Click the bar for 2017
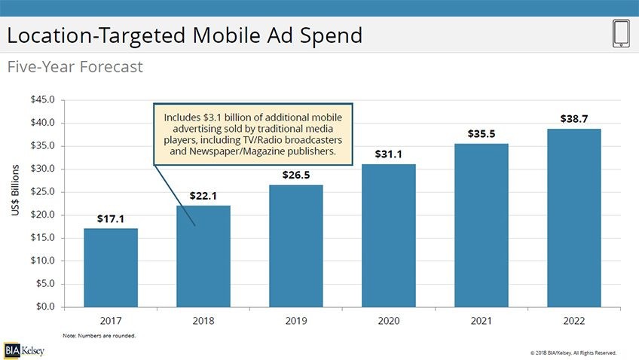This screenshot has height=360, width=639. pyautogui.click(x=110, y=267)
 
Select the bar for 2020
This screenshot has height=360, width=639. pyautogui.click(x=388, y=235)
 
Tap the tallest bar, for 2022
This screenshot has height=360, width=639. pyautogui.click(x=573, y=218)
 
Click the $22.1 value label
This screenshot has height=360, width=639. pyautogui.click(x=203, y=197)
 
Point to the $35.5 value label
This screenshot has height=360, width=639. pyautogui.click(x=481, y=134)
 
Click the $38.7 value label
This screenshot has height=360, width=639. pyautogui.click(x=573, y=119)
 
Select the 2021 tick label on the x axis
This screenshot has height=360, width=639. pyautogui.click(x=481, y=320)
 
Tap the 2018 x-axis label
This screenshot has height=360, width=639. pyautogui.click(x=203, y=320)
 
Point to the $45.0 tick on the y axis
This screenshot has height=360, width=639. pyautogui.click(x=42, y=100)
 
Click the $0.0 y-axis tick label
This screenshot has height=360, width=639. pyautogui.click(x=44, y=307)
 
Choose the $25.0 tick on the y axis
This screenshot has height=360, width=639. pyautogui.click(x=42, y=192)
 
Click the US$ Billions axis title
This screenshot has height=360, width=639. pyautogui.click(x=16, y=192)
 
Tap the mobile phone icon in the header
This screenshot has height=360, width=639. pyautogui.click(x=621, y=35)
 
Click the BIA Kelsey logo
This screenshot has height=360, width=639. pyautogui.click(x=23, y=350)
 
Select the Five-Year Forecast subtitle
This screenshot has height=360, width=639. pyautogui.click(x=75, y=67)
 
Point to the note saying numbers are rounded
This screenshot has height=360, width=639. pyautogui.click(x=99, y=335)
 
